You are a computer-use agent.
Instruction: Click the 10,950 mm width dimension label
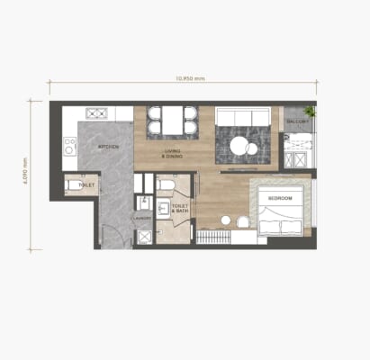pos(183,78)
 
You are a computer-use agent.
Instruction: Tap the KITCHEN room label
pos(109,147)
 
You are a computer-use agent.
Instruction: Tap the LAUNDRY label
pos(141,217)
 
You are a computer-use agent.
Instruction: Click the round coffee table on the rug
pos(244,145)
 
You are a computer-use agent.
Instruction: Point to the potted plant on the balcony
pos(310,112)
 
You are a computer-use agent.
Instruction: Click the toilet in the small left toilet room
pos(72,185)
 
